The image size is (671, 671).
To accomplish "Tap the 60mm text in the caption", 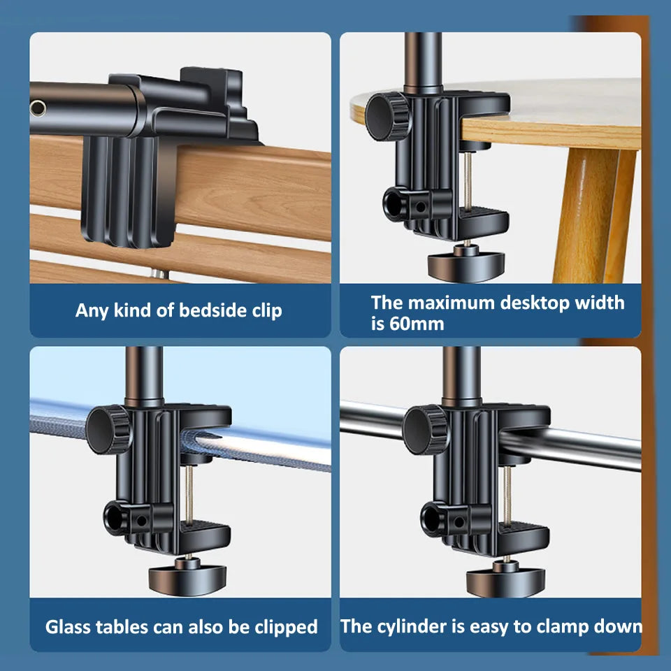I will pos(417,324).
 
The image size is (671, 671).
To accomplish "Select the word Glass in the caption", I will pos(69,627).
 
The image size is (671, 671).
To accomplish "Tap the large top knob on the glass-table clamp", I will pos(108,429).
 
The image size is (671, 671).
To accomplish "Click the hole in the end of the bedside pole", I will pos(38,108).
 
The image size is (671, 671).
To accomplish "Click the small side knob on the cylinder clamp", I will pos(433,519).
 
